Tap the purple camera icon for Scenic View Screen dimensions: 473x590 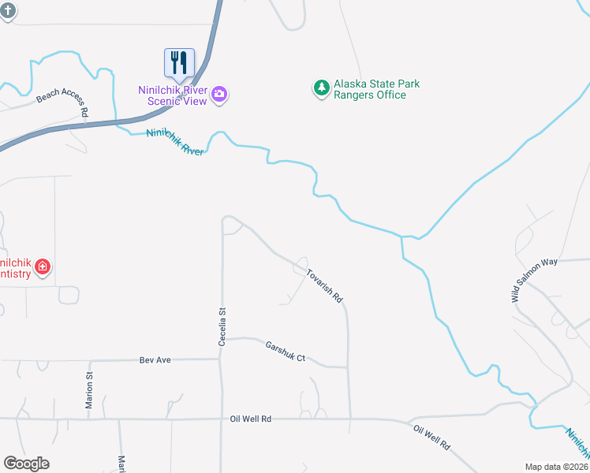coord(219,95)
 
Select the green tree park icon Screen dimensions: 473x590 coord(321,88)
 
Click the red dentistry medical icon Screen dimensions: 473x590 coord(43,267)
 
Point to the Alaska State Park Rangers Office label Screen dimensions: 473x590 coord(376,89)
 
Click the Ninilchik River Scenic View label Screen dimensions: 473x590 coord(173,95)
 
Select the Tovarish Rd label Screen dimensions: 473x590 coord(325,282)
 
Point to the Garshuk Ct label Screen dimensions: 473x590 coord(285,352)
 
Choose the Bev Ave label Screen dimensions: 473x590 coord(155,359)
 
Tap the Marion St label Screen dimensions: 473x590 coord(89,389)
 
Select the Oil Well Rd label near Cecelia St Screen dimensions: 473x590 coord(251,419)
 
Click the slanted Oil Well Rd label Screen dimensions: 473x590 coord(431,437)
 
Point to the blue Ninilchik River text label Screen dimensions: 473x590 coord(175,142)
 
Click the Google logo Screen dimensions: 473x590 coord(26,464)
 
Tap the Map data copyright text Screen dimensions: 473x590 coord(557,467)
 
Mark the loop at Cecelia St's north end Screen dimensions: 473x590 coord(232,225)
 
